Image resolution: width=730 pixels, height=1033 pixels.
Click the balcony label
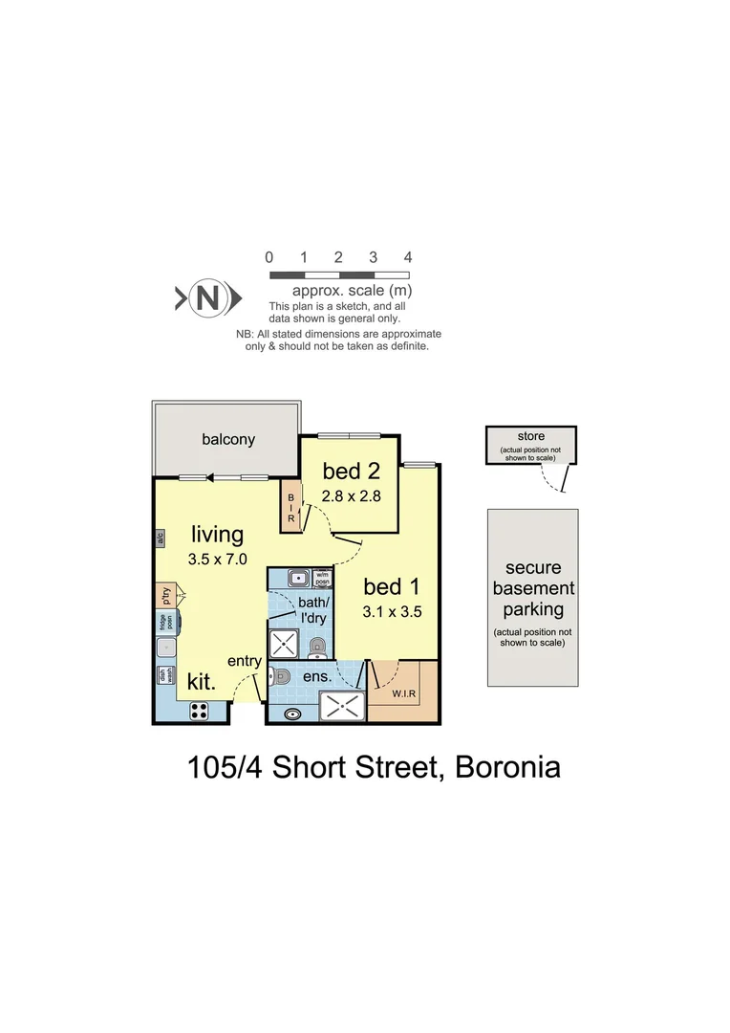click(x=228, y=440)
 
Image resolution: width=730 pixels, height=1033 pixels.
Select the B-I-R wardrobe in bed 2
click(x=291, y=507)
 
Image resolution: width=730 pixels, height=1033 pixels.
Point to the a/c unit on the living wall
click(x=160, y=538)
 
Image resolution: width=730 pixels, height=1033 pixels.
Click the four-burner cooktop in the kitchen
click(x=199, y=710)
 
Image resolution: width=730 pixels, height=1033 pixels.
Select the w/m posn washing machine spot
click(x=321, y=578)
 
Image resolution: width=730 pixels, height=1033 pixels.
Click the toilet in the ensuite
click(x=280, y=676)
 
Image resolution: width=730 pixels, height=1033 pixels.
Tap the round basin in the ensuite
click(x=290, y=713)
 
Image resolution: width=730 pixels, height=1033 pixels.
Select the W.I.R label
click(x=404, y=693)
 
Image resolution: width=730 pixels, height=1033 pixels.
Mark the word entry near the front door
click(x=246, y=661)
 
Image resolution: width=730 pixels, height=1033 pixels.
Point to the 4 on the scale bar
click(x=408, y=257)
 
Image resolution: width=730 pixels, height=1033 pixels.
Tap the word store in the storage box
click(x=531, y=437)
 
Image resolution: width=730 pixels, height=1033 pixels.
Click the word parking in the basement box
click(x=533, y=609)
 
